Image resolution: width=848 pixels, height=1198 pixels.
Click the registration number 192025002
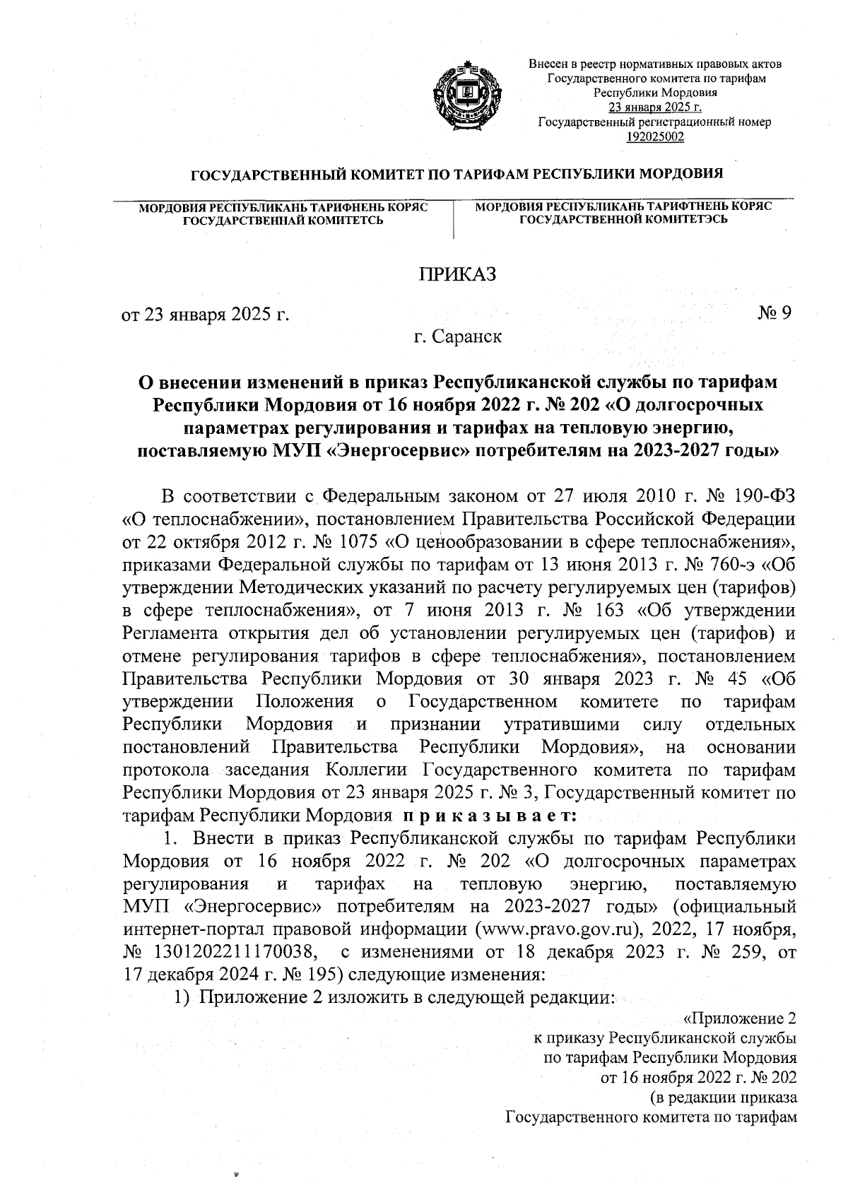tap(655, 136)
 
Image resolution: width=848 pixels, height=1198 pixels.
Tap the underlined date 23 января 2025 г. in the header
tap(655, 107)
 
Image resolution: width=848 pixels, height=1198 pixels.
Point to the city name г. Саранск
tap(458, 336)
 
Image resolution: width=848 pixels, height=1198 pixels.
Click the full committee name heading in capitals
tap(458, 174)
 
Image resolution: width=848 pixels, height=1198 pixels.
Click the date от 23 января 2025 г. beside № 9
tap(206, 314)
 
